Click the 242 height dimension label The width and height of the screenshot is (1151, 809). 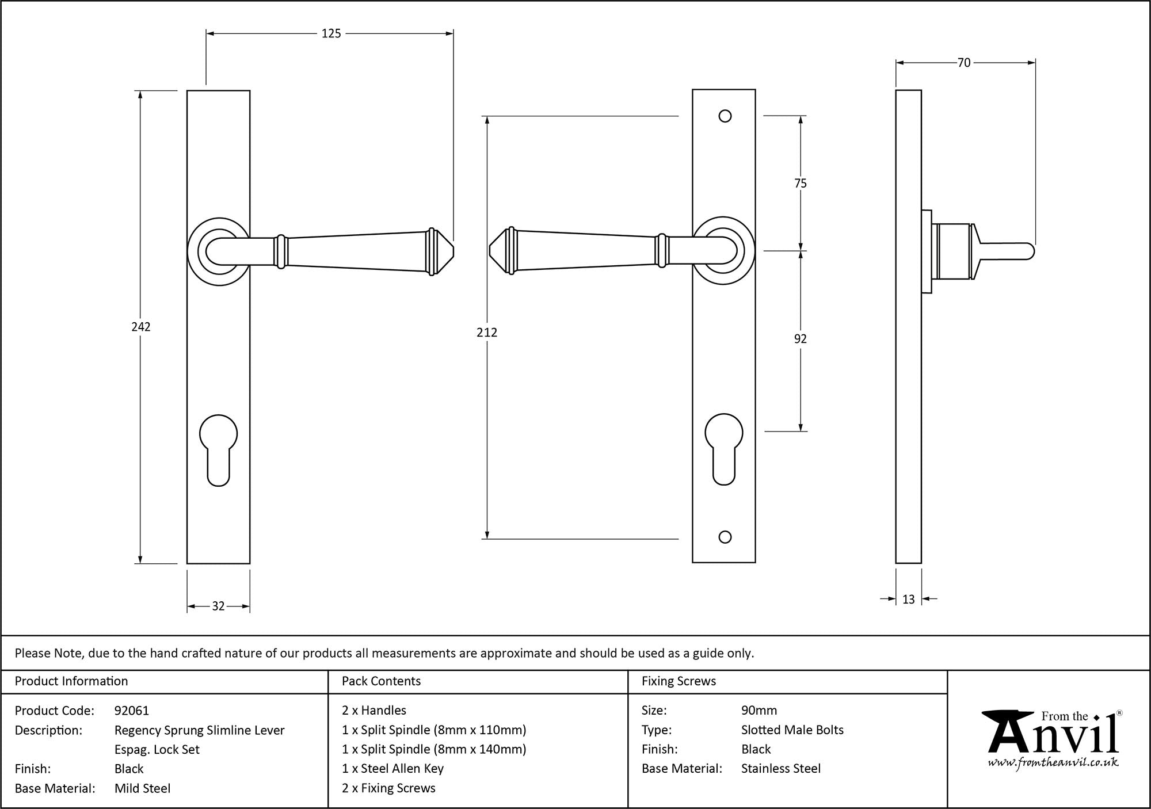coord(141,327)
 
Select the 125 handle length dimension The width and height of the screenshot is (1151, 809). coord(331,34)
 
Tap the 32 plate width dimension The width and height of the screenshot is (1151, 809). coord(218,606)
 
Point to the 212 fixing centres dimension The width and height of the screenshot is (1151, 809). coord(487,333)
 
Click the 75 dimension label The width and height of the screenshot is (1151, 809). coord(800,184)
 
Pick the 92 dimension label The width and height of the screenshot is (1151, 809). coord(800,339)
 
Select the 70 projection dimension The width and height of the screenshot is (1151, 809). coord(964,63)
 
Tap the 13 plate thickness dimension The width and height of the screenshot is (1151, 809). coord(908,600)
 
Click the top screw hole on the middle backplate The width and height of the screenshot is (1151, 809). coord(725,116)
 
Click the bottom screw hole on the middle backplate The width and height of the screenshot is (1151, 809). coord(725,537)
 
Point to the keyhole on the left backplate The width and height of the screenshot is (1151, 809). coord(218,449)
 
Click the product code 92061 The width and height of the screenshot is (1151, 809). coord(132,711)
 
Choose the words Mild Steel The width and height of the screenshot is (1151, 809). coord(142,788)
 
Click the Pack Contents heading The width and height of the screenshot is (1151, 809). coord(381,681)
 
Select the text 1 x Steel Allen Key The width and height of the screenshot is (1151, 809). coord(392,769)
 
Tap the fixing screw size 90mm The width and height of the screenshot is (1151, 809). coord(759,711)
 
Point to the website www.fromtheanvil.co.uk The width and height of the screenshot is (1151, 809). coord(1053,763)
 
